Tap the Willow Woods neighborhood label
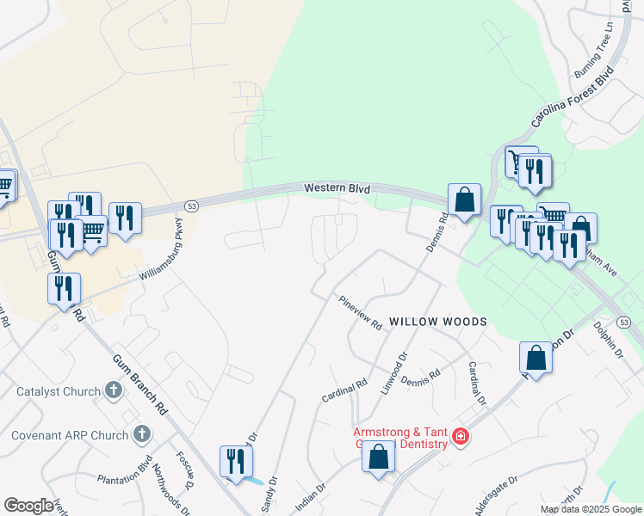[x=438, y=322]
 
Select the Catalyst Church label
[x=59, y=392]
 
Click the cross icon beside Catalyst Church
[x=113, y=391]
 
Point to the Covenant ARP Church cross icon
[x=143, y=435]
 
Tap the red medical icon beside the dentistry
[x=461, y=437]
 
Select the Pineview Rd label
[x=360, y=313]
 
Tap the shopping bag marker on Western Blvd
[x=464, y=200]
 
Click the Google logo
[x=28, y=505]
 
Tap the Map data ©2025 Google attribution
[x=591, y=509]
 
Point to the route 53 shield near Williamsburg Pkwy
[x=191, y=206]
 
